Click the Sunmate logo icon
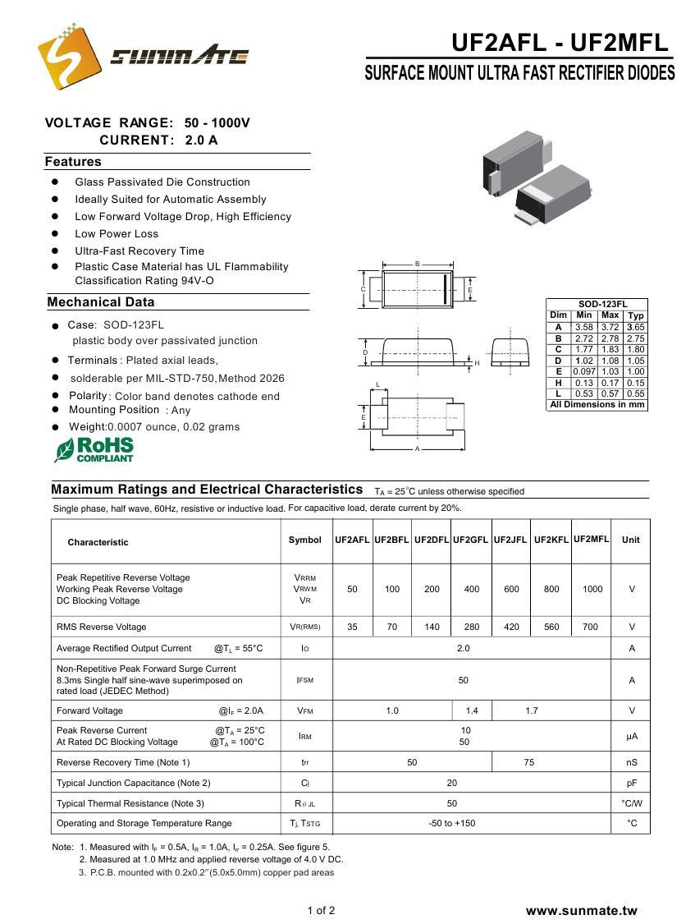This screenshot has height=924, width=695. pyautogui.click(x=64, y=56)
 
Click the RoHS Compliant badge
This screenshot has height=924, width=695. pyautogui.click(x=94, y=449)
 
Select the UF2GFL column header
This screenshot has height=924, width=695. pyautogui.click(x=470, y=540)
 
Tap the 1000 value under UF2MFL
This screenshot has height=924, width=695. pyautogui.click(x=592, y=589)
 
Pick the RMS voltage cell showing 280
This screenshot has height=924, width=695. pyautogui.click(x=472, y=627)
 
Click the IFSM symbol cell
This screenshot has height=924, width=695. pyautogui.click(x=304, y=680)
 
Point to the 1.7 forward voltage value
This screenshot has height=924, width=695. pyautogui.click(x=532, y=710)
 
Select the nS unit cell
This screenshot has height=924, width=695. pyautogui.click(x=631, y=762)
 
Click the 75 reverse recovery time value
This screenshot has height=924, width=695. pyautogui.click(x=528, y=762)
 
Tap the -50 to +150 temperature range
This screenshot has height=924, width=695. pyautogui.click(x=452, y=823)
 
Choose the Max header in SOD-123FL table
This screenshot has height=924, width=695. pyautogui.click(x=610, y=315)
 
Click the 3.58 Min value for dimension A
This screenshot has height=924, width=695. pyautogui.click(x=583, y=327)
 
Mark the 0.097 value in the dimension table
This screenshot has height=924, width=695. pyautogui.click(x=583, y=372)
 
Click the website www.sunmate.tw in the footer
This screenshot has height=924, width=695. pyautogui.click(x=581, y=910)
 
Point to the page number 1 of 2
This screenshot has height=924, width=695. pyautogui.click(x=321, y=910)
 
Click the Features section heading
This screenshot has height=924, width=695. pyautogui.click(x=73, y=162)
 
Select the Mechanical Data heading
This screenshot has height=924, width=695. pyautogui.click(x=101, y=302)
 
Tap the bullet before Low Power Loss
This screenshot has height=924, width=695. pyautogui.click(x=55, y=233)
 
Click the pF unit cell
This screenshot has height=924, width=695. pyautogui.click(x=631, y=783)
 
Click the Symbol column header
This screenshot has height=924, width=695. pyautogui.click(x=305, y=540)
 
